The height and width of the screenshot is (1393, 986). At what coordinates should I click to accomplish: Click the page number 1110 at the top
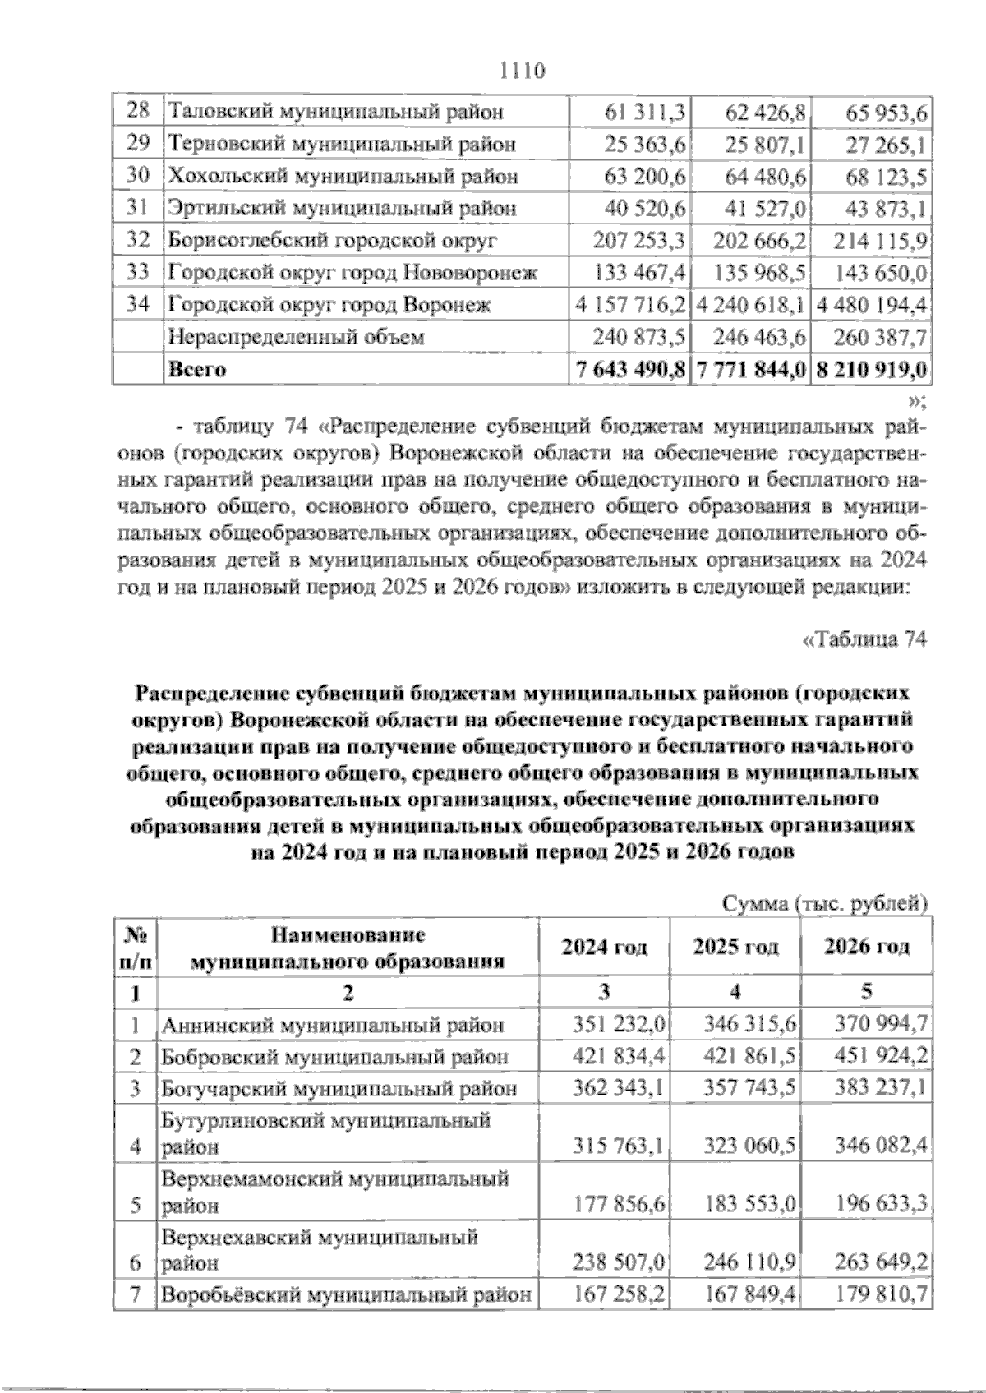point(523,71)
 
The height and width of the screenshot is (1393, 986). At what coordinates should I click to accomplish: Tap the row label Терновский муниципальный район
point(342,144)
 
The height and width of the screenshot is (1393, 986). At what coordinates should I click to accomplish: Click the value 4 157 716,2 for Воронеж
point(631,305)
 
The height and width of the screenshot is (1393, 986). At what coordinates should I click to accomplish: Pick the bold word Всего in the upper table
point(197,369)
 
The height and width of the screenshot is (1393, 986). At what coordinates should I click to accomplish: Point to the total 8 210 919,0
point(871,369)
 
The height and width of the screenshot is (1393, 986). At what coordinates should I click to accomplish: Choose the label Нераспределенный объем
point(296,337)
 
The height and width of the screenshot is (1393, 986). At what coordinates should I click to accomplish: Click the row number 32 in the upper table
point(138,240)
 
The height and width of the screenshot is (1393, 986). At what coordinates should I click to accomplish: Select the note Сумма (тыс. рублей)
point(824,904)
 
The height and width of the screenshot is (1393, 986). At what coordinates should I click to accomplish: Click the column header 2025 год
point(735,947)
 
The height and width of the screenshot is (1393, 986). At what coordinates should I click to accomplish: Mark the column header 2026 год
point(867,947)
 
